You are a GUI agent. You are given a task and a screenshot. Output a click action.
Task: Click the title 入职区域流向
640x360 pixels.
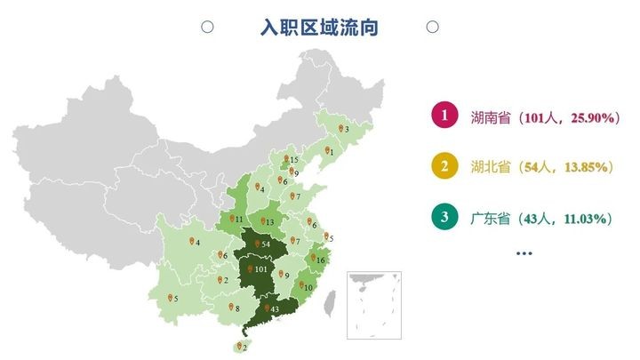[x=319, y=28]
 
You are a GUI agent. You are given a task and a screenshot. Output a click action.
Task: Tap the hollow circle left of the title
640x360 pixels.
[x=207, y=28]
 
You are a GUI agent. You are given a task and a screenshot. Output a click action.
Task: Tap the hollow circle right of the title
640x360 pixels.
[x=432, y=28]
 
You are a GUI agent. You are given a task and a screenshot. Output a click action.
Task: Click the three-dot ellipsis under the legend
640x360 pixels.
[x=524, y=253]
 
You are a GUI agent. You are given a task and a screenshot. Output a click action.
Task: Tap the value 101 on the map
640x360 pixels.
[x=261, y=269]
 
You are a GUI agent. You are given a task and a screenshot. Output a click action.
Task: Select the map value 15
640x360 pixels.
[x=293, y=160]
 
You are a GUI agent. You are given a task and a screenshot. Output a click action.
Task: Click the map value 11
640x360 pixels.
[x=238, y=219]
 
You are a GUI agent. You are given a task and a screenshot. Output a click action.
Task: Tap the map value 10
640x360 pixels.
[x=308, y=287]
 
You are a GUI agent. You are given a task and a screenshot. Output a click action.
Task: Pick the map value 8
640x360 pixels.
[x=237, y=308]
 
